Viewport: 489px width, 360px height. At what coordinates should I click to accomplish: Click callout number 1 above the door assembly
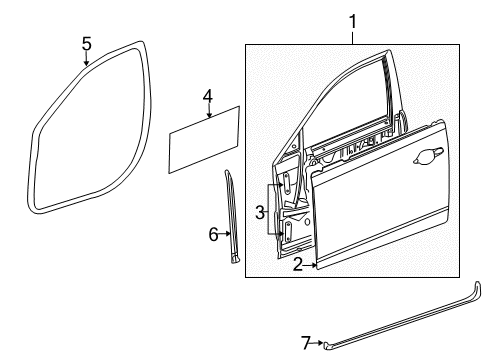351,19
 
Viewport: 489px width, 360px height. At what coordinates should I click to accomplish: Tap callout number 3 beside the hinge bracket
258,212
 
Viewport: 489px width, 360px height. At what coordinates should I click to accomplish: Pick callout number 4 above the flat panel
207,96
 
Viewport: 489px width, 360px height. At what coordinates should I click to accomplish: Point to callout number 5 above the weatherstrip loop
86,43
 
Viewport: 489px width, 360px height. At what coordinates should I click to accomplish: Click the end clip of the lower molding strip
327,343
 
